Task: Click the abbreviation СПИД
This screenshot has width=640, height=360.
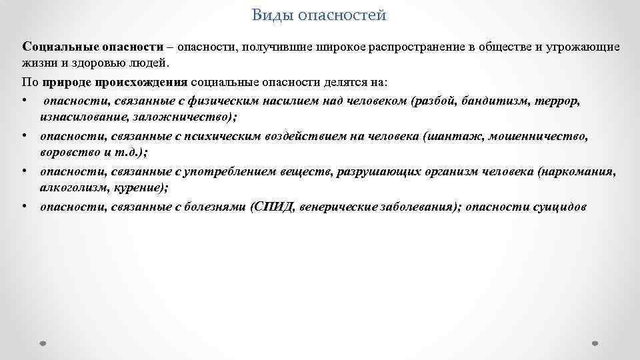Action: pos(272,207)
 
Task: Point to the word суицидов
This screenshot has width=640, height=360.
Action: pos(559,207)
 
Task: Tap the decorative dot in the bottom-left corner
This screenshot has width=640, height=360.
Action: pos(43,343)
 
